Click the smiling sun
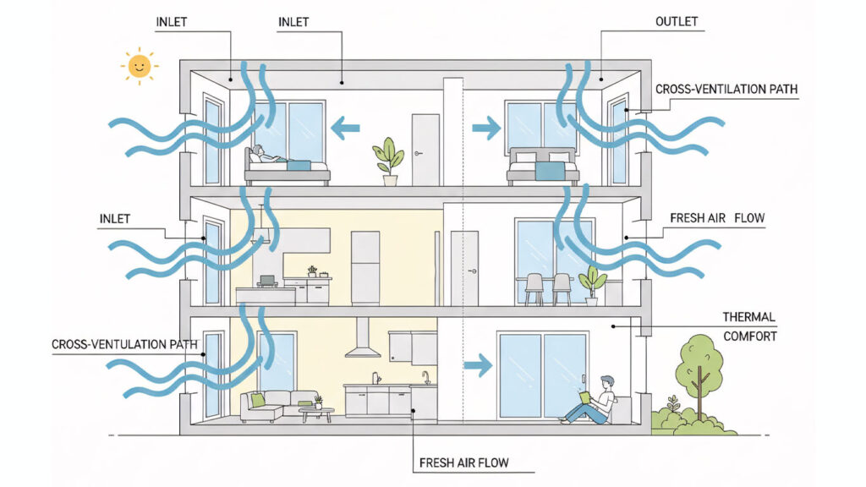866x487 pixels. click(140, 67)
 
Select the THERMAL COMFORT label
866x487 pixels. click(749, 326)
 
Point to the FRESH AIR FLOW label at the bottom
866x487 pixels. click(465, 463)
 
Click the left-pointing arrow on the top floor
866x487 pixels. click(345, 129)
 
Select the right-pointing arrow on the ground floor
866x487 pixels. click(479, 365)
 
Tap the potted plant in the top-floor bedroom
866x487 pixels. click(388, 161)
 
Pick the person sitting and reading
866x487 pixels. click(595, 400)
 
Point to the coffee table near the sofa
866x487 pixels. click(316, 413)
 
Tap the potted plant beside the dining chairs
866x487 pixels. click(592, 285)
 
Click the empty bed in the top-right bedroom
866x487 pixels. click(543, 166)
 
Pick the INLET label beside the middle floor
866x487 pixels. click(115, 219)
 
